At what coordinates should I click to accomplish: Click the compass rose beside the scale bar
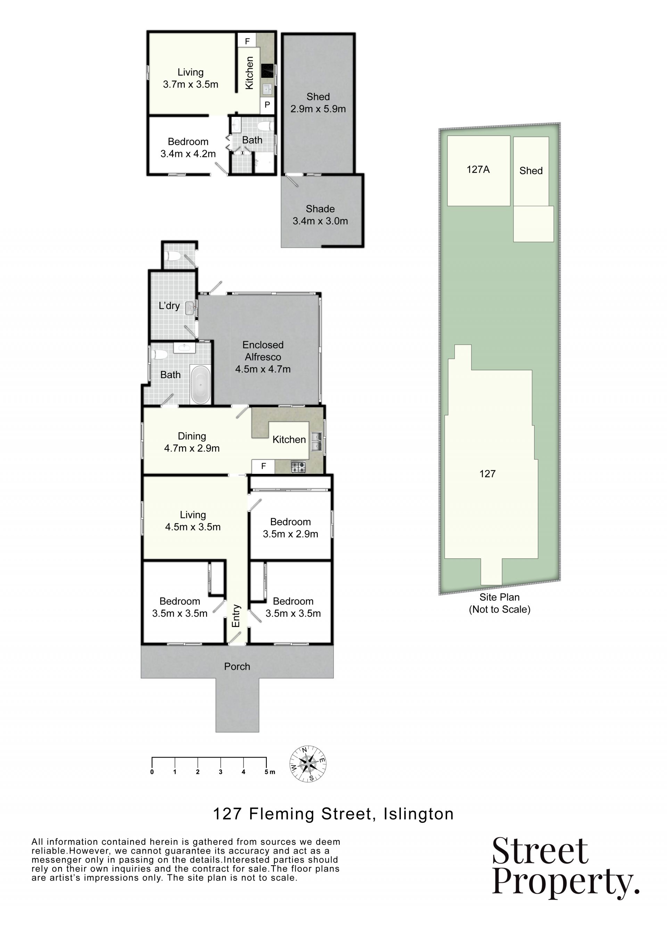308,764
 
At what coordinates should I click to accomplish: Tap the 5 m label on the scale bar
270,772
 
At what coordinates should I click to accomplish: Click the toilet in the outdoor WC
173,257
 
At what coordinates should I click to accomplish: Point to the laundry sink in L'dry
189,308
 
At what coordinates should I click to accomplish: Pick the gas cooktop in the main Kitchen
298,467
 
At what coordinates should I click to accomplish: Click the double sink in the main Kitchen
316,441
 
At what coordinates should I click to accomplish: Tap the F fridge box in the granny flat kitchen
247,41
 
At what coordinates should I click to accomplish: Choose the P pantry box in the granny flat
267,105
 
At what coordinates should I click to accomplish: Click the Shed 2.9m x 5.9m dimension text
318,109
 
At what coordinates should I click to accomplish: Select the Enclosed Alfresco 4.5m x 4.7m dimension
263,369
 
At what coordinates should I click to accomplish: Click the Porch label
237,666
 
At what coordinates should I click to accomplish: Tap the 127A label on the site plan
478,169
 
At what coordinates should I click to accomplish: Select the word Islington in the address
419,814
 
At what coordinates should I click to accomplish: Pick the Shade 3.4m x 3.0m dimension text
320,221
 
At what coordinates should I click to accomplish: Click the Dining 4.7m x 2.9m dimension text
192,448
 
